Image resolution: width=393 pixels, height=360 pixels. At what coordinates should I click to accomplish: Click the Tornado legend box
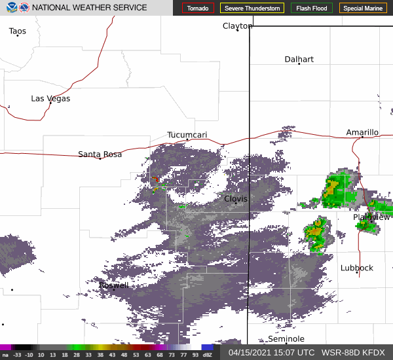tap(198, 9)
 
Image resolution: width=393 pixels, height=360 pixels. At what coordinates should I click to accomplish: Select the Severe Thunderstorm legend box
tap(252, 9)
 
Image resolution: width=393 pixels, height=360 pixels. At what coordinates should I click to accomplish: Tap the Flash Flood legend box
tap(312, 9)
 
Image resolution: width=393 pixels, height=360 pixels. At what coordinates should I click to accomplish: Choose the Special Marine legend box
tap(363, 9)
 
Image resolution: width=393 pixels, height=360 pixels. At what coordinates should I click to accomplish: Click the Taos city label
tap(18, 31)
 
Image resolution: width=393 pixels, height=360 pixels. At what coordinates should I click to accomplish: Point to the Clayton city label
tap(237, 26)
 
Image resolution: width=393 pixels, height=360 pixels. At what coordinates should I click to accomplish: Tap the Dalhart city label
tap(299, 59)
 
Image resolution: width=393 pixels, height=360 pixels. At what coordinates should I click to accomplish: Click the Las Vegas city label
tap(50, 98)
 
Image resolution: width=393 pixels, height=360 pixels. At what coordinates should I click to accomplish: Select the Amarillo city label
tap(362, 132)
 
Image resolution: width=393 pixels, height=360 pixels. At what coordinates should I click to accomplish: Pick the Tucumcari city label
tap(187, 135)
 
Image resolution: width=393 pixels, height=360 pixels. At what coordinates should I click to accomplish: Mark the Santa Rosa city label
tap(100, 154)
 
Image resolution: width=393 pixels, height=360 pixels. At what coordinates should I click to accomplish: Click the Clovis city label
tap(236, 198)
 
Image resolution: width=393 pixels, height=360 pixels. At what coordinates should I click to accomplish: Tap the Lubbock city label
tap(357, 268)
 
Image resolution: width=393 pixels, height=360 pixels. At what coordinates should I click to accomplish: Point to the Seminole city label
tap(286, 338)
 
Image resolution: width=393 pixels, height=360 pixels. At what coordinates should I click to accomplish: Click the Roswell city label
tap(113, 285)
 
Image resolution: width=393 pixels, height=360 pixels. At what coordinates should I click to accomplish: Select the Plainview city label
tap(371, 217)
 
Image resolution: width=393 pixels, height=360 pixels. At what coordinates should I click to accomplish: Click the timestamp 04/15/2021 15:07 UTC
tap(269, 352)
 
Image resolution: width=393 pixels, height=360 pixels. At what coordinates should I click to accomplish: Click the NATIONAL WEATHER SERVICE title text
tap(90, 8)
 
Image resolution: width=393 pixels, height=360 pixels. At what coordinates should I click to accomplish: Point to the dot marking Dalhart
tap(299, 64)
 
